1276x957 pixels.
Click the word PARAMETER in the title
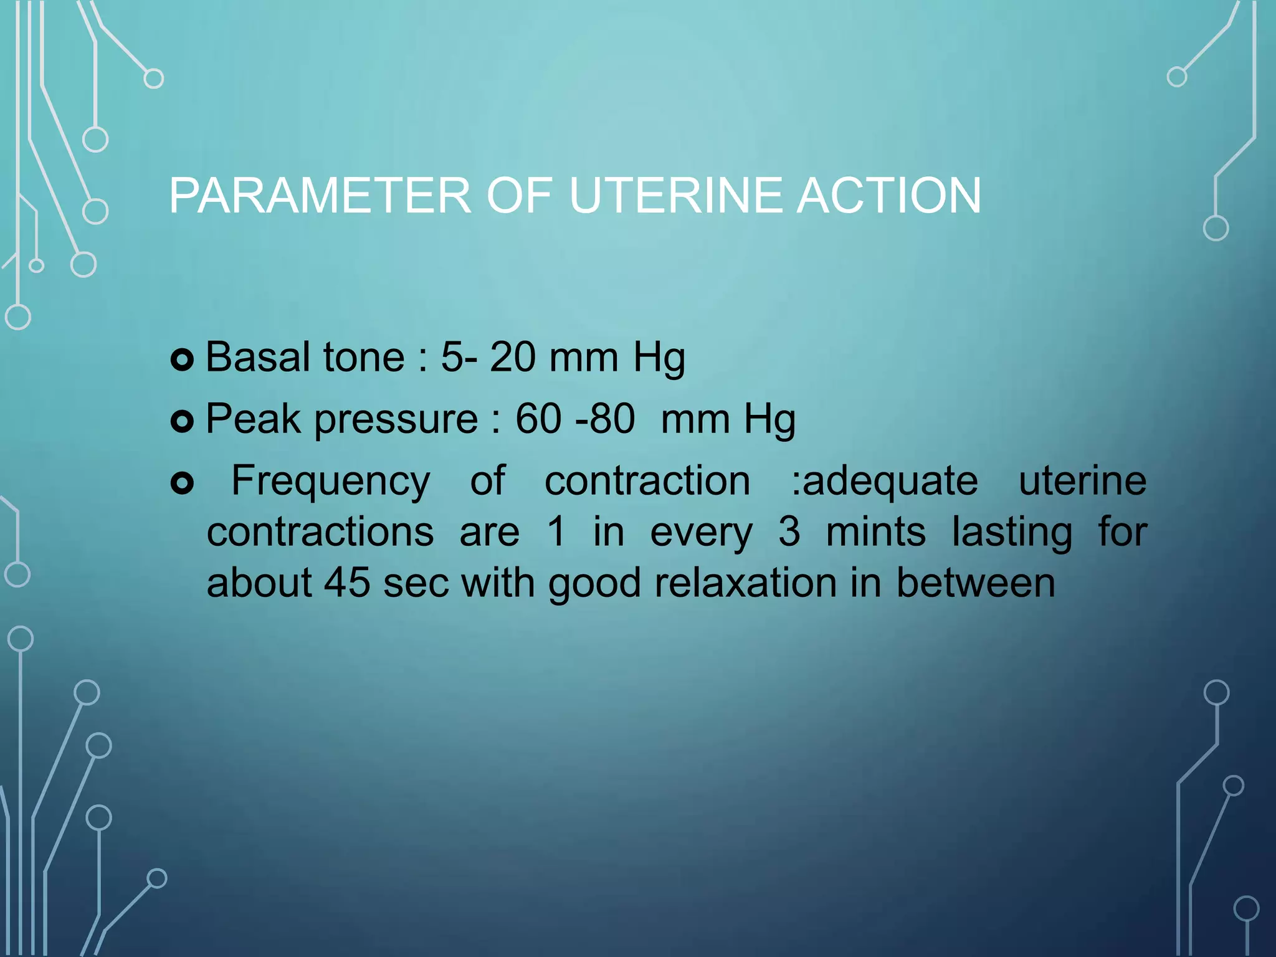[320, 196]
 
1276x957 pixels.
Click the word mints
[875, 532]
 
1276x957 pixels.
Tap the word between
[976, 583]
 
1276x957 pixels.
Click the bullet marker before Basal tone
[182, 360]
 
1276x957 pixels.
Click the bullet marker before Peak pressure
[182, 422]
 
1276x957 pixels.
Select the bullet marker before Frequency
[182, 483]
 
